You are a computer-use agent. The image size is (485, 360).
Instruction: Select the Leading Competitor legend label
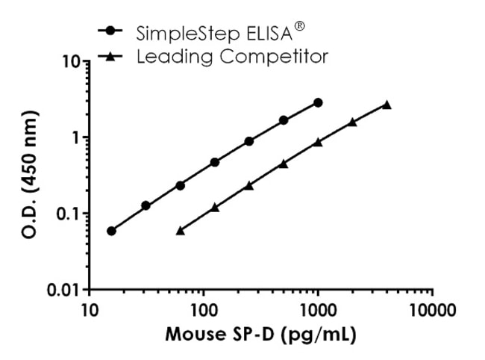(x=232, y=57)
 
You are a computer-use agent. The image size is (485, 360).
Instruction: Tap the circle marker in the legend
(x=110, y=31)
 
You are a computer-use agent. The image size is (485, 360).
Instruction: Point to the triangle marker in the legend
(x=110, y=56)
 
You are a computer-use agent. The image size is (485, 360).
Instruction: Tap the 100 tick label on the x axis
(x=203, y=310)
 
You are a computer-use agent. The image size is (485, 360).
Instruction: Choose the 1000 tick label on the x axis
(x=318, y=310)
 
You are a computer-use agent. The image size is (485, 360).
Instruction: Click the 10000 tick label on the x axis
(x=432, y=310)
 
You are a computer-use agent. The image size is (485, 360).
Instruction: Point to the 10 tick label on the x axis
(x=90, y=310)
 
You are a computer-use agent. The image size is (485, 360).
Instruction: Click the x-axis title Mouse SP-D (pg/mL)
(x=260, y=335)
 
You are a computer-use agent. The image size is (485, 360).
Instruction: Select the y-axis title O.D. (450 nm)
(x=31, y=174)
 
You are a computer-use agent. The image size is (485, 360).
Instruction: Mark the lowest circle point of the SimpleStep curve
(x=111, y=231)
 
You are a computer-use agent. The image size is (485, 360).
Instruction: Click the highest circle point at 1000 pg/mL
(x=318, y=103)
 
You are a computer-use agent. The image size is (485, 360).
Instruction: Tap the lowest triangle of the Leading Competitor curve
(x=181, y=231)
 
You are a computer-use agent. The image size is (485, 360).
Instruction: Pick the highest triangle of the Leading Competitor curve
(x=387, y=105)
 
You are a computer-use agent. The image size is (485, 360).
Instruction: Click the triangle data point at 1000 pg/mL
(x=318, y=142)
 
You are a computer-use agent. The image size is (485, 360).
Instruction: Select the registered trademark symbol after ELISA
(x=299, y=26)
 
